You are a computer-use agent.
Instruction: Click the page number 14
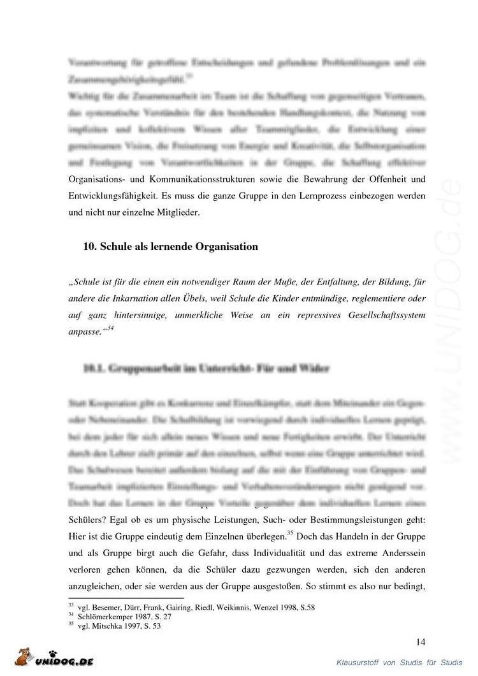pos(420,642)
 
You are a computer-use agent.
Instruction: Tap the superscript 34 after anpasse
pos(110,327)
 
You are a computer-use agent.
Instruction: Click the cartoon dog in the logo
pos(25,658)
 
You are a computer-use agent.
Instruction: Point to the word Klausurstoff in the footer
pos(359,663)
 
